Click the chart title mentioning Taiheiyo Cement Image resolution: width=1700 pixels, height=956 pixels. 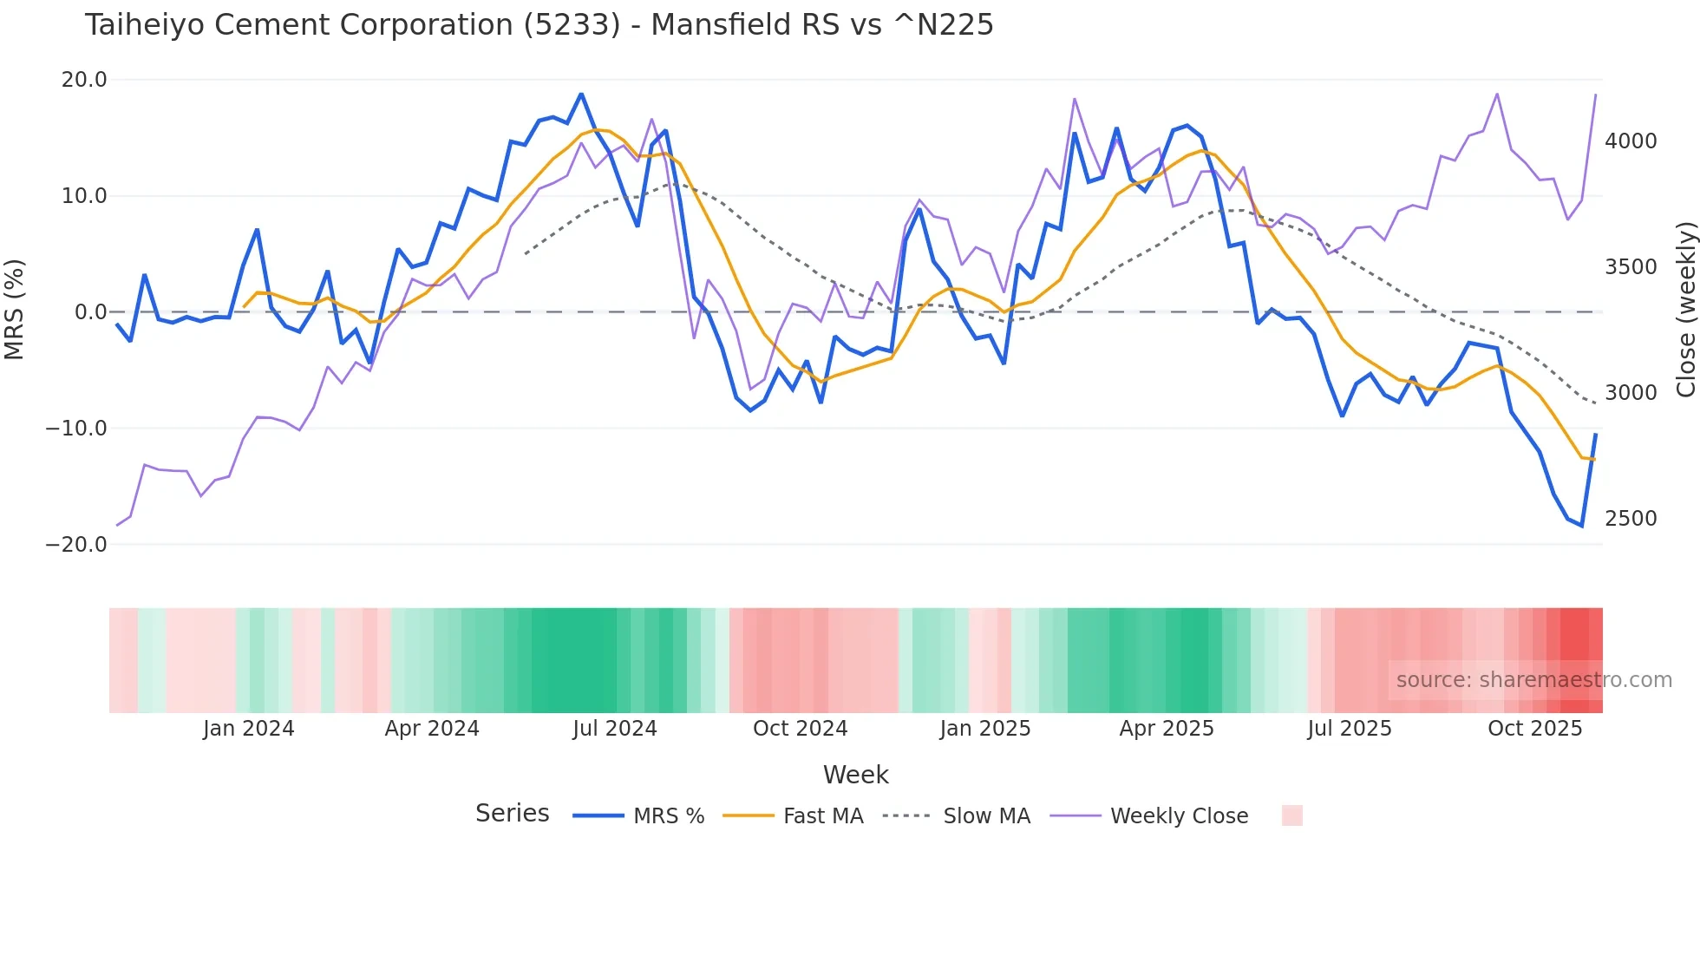click(539, 25)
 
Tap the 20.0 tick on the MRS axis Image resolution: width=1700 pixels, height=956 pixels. click(84, 80)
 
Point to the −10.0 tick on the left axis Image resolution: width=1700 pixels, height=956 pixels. click(76, 429)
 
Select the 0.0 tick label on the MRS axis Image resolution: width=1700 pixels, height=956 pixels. click(90, 312)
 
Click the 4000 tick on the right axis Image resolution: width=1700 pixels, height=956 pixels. click(1631, 141)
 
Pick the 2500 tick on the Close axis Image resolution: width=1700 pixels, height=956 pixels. click(1631, 519)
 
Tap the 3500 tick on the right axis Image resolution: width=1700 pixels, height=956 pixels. click(1631, 267)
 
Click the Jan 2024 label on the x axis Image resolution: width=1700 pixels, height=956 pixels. click(249, 729)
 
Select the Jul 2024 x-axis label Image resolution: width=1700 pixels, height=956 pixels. click(615, 729)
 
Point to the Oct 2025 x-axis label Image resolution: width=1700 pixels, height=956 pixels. click(1535, 729)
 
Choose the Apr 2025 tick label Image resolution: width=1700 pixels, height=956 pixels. click(1167, 729)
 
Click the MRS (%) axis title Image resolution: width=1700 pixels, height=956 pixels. click(15, 310)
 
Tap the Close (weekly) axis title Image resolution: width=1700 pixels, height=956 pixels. click(1685, 310)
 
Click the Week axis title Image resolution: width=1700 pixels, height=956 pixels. click(855, 775)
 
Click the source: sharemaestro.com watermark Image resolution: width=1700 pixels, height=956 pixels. click(1533, 680)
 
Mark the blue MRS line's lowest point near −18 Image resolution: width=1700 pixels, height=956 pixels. click(1582, 526)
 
